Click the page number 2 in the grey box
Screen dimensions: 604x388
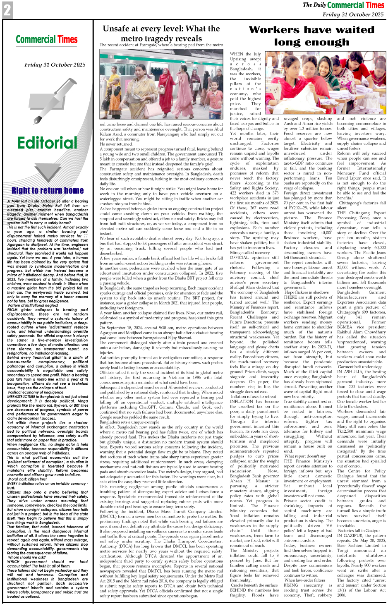(x=7, y=10)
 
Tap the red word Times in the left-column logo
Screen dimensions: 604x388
(x=67, y=40)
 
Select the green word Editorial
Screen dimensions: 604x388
(x=47, y=143)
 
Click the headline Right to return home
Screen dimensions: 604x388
(x=48, y=191)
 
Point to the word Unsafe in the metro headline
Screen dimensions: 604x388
(x=119, y=29)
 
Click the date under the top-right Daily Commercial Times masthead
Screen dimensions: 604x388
(x=353, y=14)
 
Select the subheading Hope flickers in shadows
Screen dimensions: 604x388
(x=307, y=292)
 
